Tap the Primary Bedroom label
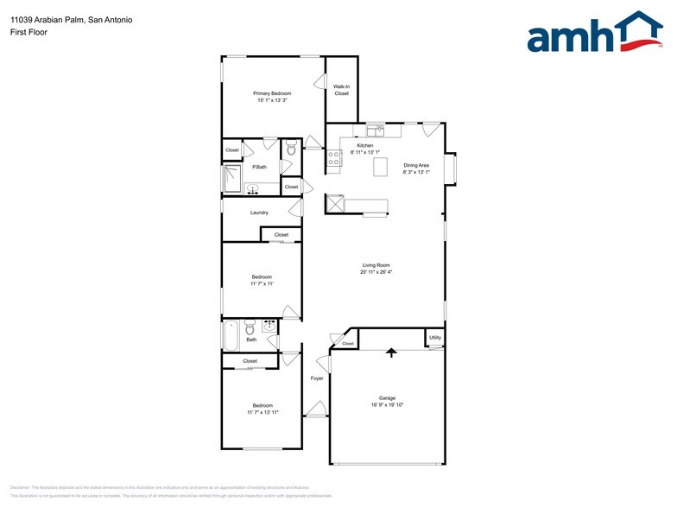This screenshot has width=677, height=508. (x=272, y=92)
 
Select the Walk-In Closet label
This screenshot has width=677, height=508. (x=341, y=90)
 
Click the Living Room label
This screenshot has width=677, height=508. (x=376, y=265)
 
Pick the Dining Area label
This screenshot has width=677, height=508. (x=416, y=165)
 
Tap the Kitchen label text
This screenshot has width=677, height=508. (x=365, y=146)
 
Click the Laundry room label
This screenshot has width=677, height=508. (x=259, y=213)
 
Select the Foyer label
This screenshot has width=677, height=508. (x=317, y=378)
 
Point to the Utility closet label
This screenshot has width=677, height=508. (x=435, y=338)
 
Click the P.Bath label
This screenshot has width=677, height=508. (x=259, y=167)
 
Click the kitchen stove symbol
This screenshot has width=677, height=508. (x=334, y=157)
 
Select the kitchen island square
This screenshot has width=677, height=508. (x=381, y=168)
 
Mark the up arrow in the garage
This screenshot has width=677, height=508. (x=390, y=352)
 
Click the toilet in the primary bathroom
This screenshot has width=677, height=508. (x=291, y=149)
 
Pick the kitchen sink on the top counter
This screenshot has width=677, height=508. (x=376, y=131)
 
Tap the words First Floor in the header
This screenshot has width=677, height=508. (x=30, y=32)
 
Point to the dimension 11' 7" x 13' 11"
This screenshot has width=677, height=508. (x=263, y=412)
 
